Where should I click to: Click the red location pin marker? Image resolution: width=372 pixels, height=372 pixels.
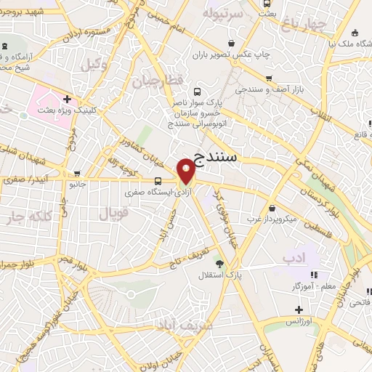[186, 170]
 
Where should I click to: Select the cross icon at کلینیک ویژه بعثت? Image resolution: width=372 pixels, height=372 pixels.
[67, 99]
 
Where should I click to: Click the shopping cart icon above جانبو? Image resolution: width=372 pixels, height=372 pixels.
[78, 174]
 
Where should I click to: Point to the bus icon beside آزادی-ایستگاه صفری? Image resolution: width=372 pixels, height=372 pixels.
[158, 181]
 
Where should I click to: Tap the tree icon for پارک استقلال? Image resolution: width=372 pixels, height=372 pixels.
[201, 264]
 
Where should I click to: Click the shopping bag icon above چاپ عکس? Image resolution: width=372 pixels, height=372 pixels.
[264, 42]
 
